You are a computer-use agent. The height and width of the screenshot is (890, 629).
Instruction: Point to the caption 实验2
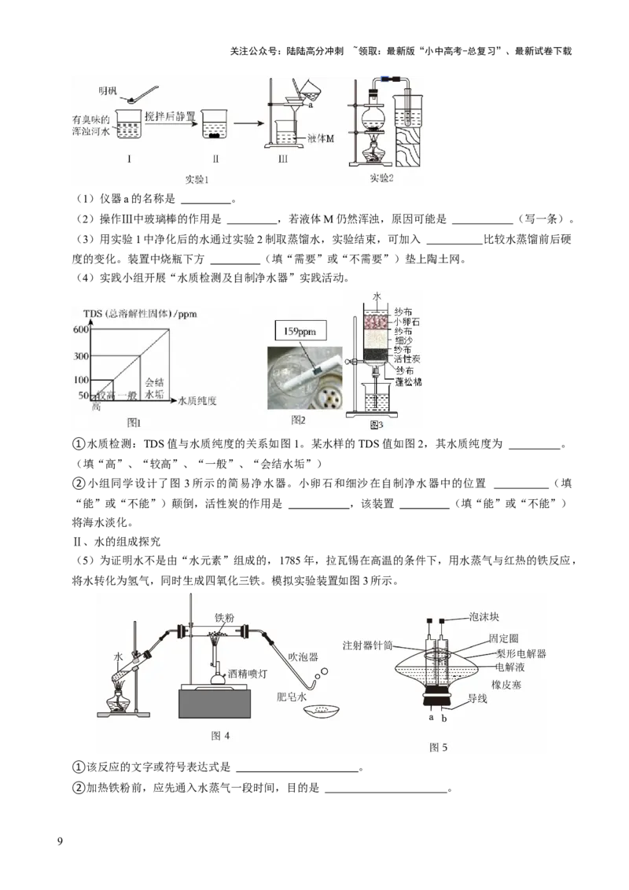pyautogui.click(x=381, y=178)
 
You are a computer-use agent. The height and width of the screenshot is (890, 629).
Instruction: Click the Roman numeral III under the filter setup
pyautogui.click(x=281, y=160)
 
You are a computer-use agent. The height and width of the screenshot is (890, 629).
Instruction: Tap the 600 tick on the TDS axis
pyautogui.click(x=80, y=329)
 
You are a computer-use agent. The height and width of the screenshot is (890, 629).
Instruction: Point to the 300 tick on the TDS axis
pyautogui.click(x=80, y=356)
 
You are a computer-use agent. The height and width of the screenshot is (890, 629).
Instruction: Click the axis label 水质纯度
pyautogui.click(x=197, y=400)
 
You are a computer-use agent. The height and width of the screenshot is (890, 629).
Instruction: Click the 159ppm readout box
pyautogui.click(x=300, y=332)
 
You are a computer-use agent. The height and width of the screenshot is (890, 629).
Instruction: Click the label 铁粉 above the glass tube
pyautogui.click(x=226, y=617)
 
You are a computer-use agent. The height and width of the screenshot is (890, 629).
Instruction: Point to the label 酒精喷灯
pyautogui.click(x=247, y=674)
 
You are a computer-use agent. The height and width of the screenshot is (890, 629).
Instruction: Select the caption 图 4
pyautogui.click(x=221, y=736)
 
